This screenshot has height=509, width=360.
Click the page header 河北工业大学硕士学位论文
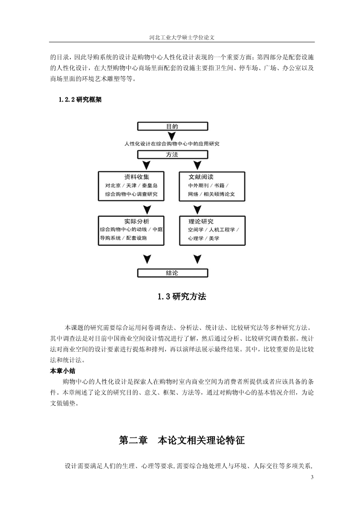[x=182, y=37]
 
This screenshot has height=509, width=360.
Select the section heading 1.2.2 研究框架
[x=80, y=100]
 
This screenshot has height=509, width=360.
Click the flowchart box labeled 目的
[x=172, y=126]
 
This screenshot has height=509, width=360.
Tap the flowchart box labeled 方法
[x=172, y=155]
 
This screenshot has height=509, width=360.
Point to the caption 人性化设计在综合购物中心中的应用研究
[x=172, y=144]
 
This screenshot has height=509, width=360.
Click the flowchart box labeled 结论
[x=172, y=273]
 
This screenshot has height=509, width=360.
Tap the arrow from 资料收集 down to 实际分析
[x=147, y=209]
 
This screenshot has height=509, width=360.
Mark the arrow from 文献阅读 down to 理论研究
[x=197, y=209]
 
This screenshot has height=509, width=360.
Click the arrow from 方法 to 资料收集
[x=147, y=165]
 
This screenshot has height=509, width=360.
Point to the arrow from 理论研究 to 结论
[x=197, y=259]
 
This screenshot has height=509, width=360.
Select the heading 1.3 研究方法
[x=182, y=296]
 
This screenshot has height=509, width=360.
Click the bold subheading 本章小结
[x=63, y=371]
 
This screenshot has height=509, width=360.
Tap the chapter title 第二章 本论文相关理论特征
[x=182, y=440]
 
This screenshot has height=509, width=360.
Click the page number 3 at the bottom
[x=312, y=477]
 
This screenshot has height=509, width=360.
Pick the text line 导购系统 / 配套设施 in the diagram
[x=123, y=238]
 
